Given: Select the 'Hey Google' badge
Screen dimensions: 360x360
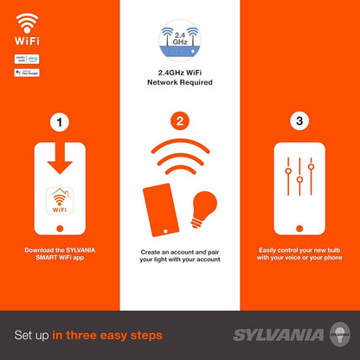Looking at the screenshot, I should click(27, 73).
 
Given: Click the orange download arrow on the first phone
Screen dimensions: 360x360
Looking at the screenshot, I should click(59, 162).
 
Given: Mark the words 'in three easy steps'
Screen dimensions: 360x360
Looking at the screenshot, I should click(101, 334).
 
